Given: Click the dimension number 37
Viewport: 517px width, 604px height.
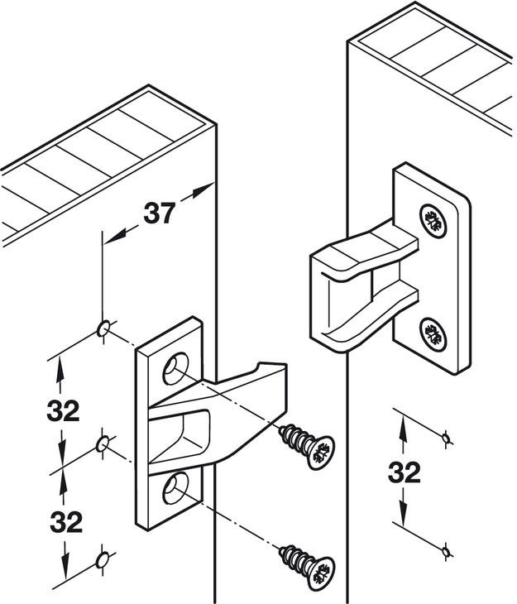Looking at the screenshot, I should coord(159,213).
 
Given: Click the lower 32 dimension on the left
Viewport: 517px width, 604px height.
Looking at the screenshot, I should coord(66,522).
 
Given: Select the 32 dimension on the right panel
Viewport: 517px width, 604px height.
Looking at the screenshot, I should coord(404,472).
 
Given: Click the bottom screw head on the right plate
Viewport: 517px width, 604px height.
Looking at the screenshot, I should coord(433,334).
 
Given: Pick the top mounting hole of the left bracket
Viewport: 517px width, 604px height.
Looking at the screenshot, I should coord(176,367).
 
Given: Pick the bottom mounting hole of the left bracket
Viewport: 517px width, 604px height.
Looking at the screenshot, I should coord(176,490).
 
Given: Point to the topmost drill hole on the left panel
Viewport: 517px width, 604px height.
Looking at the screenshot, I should coord(103,328).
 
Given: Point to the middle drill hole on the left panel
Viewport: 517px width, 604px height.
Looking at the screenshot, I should coord(103,445).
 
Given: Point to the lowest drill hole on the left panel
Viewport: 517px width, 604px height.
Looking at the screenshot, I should coord(103,560).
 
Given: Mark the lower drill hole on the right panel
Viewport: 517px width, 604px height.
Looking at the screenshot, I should coord(448,549).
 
